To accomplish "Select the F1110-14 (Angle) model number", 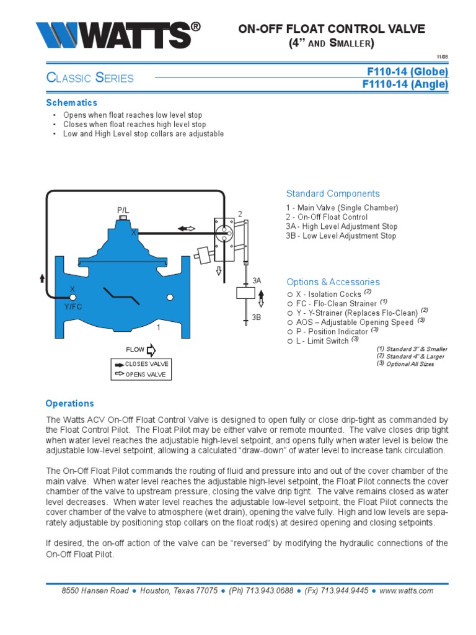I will click(x=404, y=84).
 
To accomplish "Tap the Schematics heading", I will click(x=72, y=102).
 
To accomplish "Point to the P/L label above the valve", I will click(x=123, y=211).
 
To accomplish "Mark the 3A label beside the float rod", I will click(x=257, y=281).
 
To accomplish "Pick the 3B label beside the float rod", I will click(x=257, y=317).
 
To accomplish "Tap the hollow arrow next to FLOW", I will click(x=152, y=351).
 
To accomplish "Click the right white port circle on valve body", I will click(x=170, y=298).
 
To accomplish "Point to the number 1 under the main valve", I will click(x=158, y=327).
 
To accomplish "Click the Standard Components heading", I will click(x=333, y=193).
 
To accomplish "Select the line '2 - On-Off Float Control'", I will click(x=327, y=217).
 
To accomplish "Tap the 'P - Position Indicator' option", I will click(x=329, y=331).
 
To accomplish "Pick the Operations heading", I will click(x=70, y=403).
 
